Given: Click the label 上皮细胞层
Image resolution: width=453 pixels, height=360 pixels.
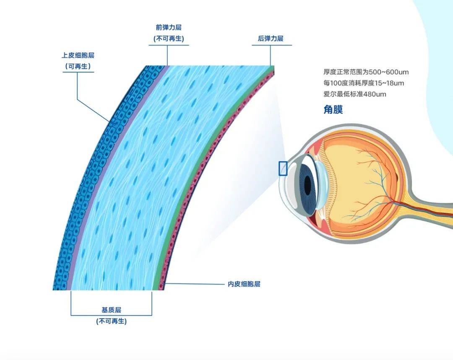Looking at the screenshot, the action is pyautogui.click(x=78, y=55).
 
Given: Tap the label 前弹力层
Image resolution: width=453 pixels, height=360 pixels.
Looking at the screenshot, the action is pyautogui.click(x=169, y=27).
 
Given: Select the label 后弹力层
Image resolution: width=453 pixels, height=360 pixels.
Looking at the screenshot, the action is pyautogui.click(x=271, y=39).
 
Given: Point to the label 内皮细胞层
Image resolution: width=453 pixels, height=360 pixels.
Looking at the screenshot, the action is pyautogui.click(x=244, y=284).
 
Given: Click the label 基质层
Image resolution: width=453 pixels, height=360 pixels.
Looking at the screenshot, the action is pyautogui.click(x=111, y=310).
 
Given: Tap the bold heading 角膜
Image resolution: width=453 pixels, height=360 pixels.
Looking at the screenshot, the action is pyautogui.click(x=333, y=110).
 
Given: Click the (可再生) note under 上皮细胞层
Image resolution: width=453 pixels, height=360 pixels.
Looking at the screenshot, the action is pyautogui.click(x=78, y=66).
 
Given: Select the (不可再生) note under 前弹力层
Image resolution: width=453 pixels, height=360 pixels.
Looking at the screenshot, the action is pyautogui.click(x=169, y=39).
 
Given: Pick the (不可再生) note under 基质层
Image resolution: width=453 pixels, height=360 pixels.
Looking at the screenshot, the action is pyautogui.click(x=111, y=321).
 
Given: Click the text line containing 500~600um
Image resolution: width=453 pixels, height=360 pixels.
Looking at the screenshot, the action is pyautogui.click(x=366, y=72).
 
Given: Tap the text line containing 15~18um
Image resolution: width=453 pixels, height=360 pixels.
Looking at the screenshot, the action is pyautogui.click(x=364, y=83).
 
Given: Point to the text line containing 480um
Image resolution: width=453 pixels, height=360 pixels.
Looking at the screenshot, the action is pyautogui.click(x=355, y=94).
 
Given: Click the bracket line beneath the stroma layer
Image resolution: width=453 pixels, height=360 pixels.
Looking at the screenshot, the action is pyautogui.click(x=111, y=315).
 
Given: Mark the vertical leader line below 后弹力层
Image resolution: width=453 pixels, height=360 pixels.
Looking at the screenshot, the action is pyautogui.click(x=271, y=56).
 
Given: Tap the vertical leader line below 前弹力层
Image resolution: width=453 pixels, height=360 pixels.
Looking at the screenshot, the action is pyautogui.click(x=167, y=55).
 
